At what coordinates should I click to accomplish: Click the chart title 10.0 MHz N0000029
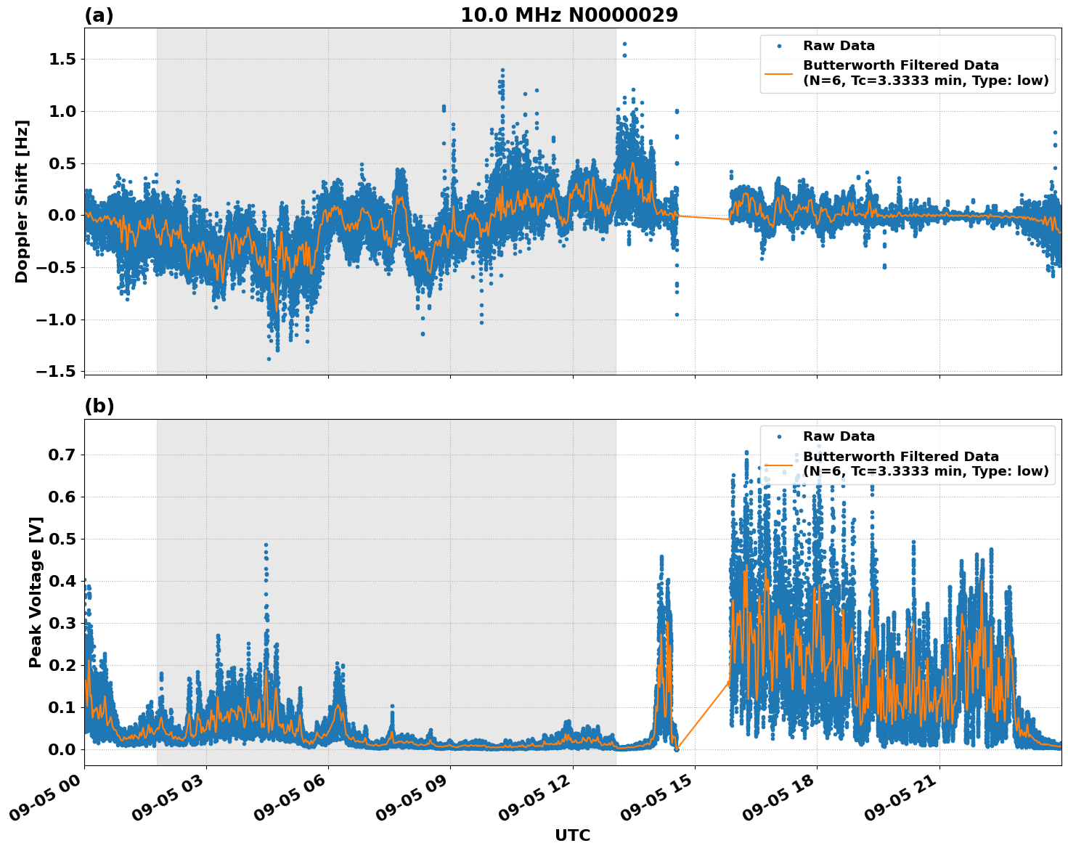click(x=568, y=15)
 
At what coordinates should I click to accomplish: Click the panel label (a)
click(x=99, y=15)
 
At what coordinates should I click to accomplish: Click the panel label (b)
click(x=99, y=406)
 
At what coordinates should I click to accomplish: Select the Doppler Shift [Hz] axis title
click(x=22, y=201)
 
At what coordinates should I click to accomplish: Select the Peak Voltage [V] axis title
click(x=36, y=592)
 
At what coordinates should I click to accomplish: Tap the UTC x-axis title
click(x=572, y=835)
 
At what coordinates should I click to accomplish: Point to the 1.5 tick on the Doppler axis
click(x=62, y=59)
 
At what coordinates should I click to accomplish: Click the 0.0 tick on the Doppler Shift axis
click(x=62, y=216)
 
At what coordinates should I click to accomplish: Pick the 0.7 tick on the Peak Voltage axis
click(x=62, y=455)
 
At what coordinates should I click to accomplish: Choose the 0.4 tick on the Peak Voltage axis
click(x=62, y=581)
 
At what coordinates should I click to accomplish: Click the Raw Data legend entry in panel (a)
click(x=839, y=46)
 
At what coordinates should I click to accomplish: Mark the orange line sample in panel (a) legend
click(x=779, y=73)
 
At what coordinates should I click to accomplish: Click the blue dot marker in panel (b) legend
click(x=779, y=436)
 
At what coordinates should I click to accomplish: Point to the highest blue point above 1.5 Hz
click(x=624, y=44)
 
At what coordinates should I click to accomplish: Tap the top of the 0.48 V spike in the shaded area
click(x=266, y=545)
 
